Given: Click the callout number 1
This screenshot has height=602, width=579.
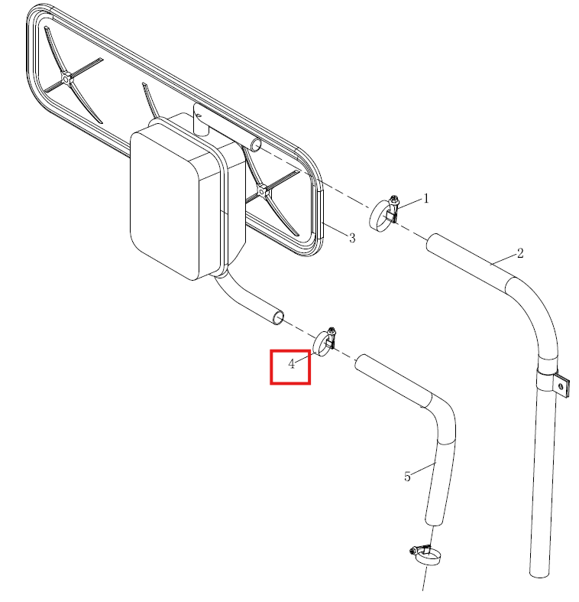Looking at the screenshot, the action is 425,198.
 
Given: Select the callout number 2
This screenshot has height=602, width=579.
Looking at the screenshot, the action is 520,253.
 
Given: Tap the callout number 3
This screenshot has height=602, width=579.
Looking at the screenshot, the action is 352,238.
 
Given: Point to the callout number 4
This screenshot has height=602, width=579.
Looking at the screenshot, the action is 292,363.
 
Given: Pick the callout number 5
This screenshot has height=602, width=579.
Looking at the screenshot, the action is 407,477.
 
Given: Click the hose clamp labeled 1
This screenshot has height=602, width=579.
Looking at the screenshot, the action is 383,215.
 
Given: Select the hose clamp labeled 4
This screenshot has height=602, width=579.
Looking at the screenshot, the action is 325,342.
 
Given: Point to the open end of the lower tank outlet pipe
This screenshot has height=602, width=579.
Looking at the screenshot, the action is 278,318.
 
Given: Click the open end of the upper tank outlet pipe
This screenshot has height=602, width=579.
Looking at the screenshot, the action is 256,145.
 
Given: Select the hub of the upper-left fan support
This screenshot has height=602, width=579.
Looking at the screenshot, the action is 66,79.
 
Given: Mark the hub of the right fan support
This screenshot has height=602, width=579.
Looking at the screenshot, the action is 263,190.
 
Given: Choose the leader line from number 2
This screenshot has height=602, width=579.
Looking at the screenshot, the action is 503,259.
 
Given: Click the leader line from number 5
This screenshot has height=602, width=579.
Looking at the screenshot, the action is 424,469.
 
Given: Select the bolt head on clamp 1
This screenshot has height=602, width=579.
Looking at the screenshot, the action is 394,200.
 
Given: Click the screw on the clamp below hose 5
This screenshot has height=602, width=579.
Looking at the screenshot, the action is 414,552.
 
